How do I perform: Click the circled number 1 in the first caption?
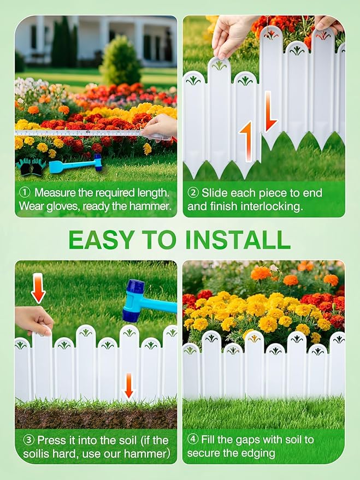tap(25, 193)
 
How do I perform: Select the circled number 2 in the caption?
tap(193, 193)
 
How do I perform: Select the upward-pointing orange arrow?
tap(247, 140)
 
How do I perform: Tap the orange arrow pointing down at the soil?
tap(129, 386)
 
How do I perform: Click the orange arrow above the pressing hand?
tap(38, 288)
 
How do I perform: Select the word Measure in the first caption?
tap(57, 193)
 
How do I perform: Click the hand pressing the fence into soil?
tap(34, 320)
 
